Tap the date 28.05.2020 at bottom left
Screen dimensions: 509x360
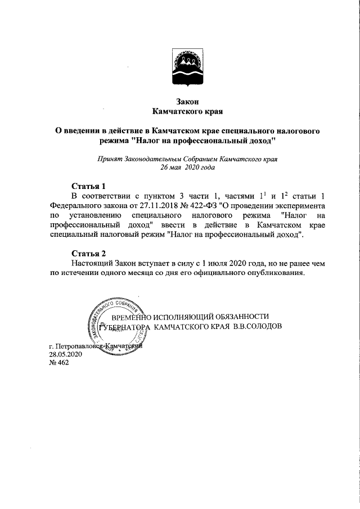(66, 355)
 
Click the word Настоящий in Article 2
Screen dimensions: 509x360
(94, 263)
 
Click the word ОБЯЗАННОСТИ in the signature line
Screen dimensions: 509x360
(238, 317)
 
